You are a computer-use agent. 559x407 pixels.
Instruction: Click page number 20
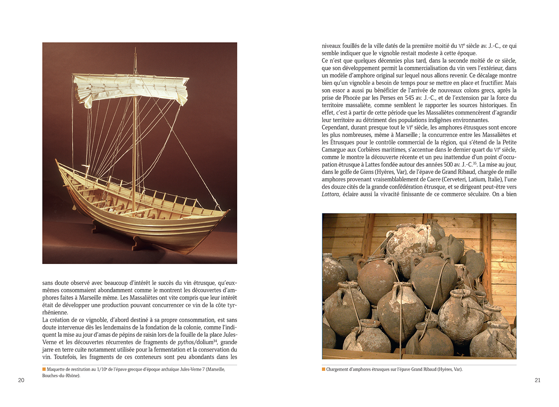tap(21, 380)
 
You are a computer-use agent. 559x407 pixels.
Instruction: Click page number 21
tap(537, 380)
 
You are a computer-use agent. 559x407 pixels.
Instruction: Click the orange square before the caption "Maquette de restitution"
tap(44, 369)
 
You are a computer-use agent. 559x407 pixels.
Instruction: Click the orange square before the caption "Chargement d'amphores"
tap(324, 369)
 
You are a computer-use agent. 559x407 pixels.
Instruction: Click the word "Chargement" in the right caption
tap(338, 369)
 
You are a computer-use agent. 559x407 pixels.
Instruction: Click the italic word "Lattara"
tap(330, 194)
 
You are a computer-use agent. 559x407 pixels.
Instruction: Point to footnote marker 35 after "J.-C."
tap(475, 163)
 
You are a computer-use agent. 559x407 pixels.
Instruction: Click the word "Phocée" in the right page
tap(346, 98)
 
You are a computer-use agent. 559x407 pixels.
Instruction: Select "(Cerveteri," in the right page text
tap(457, 180)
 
